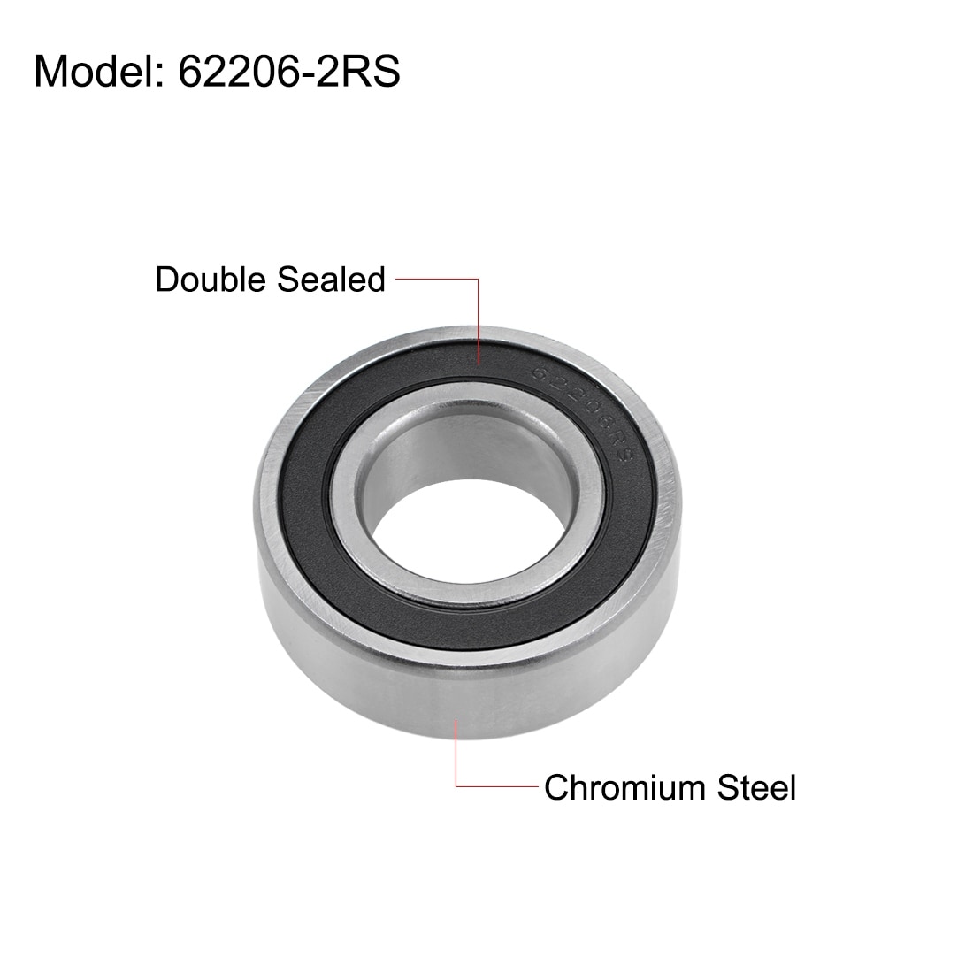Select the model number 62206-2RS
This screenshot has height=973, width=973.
[x=289, y=72]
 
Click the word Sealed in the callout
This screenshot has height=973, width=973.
[x=331, y=280]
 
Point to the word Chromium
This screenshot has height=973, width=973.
[x=625, y=787]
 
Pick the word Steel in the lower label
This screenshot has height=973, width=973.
[x=756, y=787]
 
